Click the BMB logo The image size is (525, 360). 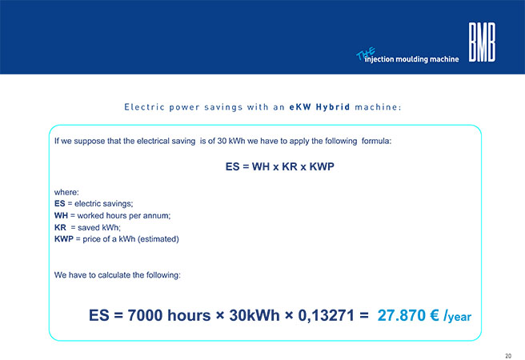tap(482, 42)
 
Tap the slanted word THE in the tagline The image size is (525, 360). tap(366, 54)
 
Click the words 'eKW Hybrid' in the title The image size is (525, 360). tap(320, 107)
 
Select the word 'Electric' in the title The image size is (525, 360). tap(144, 107)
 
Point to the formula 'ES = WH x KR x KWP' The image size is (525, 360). tap(280, 166)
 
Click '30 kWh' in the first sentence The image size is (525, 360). tap(231, 141)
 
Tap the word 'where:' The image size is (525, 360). tap(66, 192)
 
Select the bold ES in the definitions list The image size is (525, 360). tap(59, 203)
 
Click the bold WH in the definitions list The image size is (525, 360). tap(61, 215)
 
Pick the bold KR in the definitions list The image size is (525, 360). tap(60, 227)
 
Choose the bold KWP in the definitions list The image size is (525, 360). tap(63, 239)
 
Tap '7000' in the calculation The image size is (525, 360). tap(145, 315)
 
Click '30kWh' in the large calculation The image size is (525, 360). tap(254, 315)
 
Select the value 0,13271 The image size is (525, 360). tap(326, 315)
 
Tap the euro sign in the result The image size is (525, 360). tap(435, 315)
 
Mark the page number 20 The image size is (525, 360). tap(508, 356)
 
